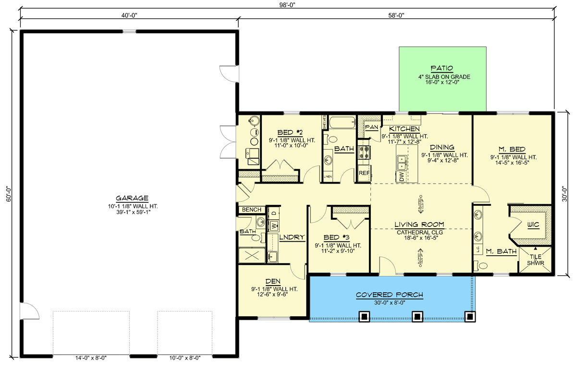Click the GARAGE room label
click(x=132, y=198)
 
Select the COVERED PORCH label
click(x=390, y=295)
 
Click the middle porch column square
click(x=417, y=316)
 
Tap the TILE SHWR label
click(x=534, y=259)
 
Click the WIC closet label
click(x=533, y=225)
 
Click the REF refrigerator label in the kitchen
click(x=363, y=173)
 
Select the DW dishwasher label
click(x=401, y=177)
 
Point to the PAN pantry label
click(x=372, y=127)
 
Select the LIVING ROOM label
click(x=419, y=224)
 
